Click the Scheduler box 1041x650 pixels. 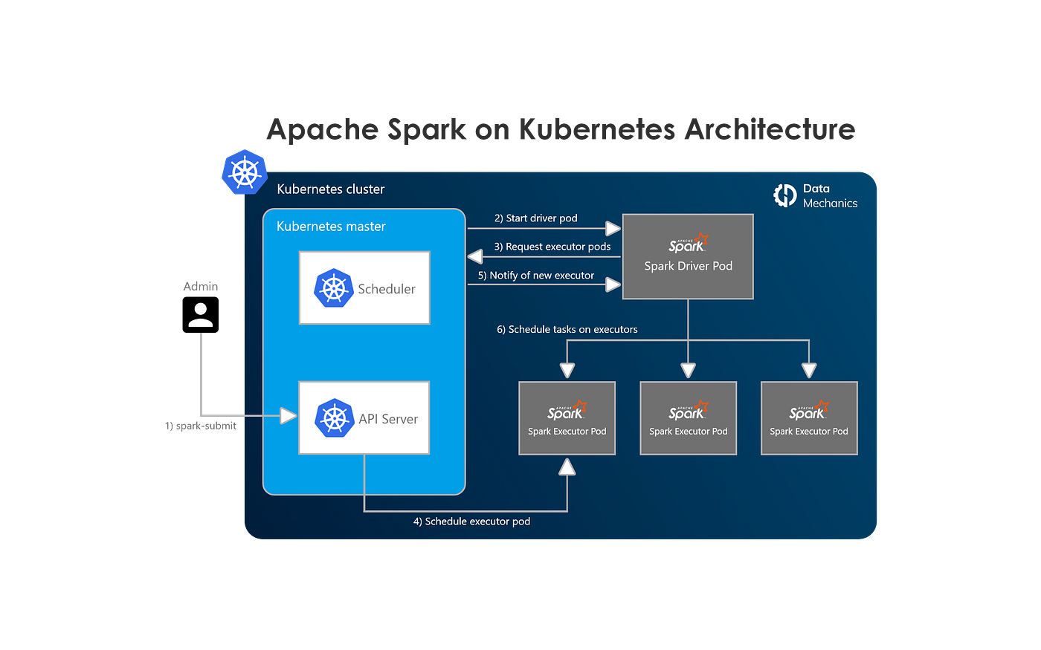click(364, 287)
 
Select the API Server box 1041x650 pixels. click(364, 417)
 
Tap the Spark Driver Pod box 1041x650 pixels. click(688, 257)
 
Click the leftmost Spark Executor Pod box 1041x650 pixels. click(567, 418)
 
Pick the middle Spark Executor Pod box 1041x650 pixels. click(688, 418)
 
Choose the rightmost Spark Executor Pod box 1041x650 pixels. click(809, 418)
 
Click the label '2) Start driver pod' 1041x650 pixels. click(535, 218)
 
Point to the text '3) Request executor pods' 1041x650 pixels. click(552, 247)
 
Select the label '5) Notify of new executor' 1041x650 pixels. click(536, 276)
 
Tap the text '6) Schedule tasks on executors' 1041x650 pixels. click(567, 329)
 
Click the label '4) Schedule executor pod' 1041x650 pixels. click(471, 521)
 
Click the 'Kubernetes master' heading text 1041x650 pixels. click(331, 227)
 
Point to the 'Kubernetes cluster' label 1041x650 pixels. click(330, 189)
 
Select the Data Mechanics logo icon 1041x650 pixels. click(785, 195)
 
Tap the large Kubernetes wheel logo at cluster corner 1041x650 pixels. click(244, 172)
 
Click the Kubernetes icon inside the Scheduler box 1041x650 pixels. click(332, 288)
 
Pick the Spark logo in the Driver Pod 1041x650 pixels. click(688, 244)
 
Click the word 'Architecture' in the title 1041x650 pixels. click(770, 129)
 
